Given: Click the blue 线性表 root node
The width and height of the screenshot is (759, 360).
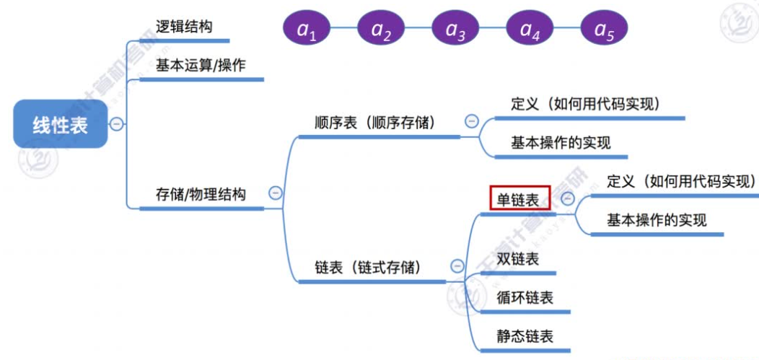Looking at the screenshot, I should [x=61, y=124].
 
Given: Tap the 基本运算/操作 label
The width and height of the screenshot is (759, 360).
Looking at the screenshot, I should [x=201, y=66].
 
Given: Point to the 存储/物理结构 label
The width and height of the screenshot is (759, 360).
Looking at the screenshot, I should [x=201, y=194].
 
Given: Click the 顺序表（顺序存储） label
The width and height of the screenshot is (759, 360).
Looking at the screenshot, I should [x=375, y=123].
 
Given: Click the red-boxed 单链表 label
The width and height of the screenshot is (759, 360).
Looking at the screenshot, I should [x=519, y=198].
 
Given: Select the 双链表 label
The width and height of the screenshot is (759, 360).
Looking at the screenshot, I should [x=517, y=260].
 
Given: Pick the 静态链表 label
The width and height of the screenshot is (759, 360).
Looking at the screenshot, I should [x=525, y=336].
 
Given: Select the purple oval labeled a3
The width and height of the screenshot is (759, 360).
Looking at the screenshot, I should [x=455, y=29].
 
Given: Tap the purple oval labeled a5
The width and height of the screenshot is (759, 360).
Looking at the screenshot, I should [x=604, y=29].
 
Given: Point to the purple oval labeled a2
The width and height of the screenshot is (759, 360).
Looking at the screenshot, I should [x=381, y=29].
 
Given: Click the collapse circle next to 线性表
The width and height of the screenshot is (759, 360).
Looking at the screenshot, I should [x=117, y=124].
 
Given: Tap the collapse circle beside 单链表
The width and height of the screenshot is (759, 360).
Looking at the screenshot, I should [x=568, y=199].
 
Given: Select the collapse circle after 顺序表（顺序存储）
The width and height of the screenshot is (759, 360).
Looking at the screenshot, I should [x=472, y=122].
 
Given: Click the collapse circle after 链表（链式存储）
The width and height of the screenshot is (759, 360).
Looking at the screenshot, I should [x=456, y=266].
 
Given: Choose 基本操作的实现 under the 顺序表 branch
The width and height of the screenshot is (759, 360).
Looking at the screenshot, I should [x=561, y=143].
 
